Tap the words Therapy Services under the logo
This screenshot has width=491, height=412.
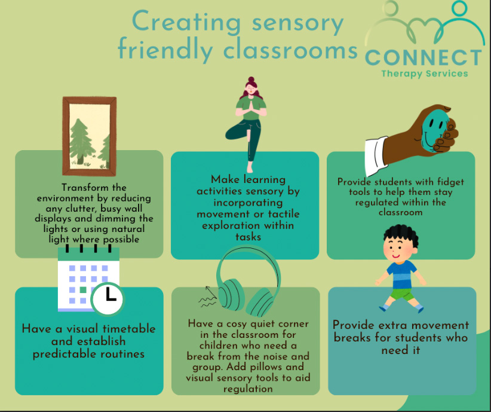[x=424, y=74]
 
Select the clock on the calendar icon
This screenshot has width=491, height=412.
[x=108, y=295]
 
